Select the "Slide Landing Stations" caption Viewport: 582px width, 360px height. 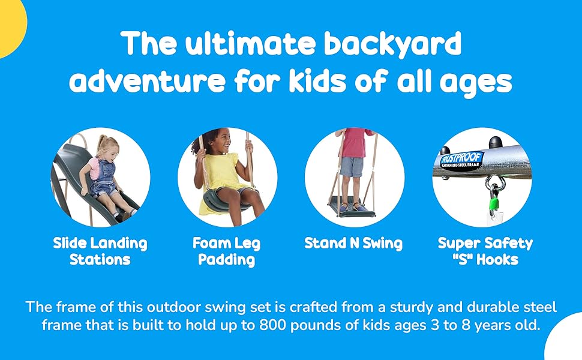(x=100, y=251)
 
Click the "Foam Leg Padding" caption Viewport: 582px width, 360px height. (x=227, y=251)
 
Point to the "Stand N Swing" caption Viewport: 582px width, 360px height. (x=353, y=244)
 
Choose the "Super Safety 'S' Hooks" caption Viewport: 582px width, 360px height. (x=485, y=251)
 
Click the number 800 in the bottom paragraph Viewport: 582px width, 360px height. (x=273, y=325)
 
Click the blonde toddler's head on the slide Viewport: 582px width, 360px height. (x=107, y=146)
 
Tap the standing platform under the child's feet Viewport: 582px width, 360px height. (x=352, y=207)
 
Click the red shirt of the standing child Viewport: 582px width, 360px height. (x=355, y=143)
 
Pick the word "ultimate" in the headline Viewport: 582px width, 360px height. (x=250, y=43)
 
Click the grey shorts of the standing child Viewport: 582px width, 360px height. (x=351, y=167)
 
